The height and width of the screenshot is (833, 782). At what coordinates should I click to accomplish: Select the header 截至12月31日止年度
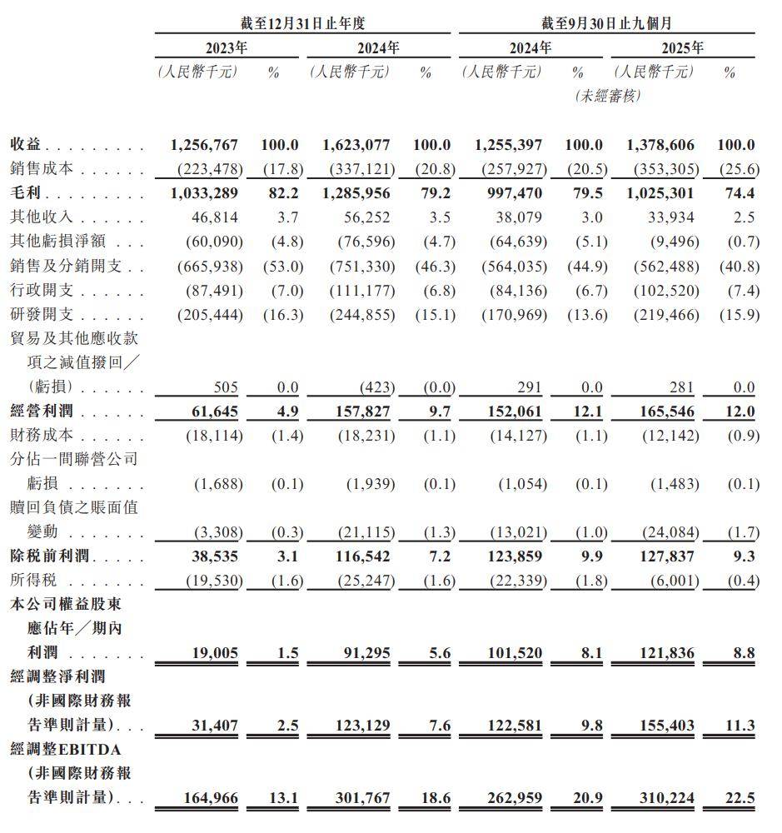(302, 23)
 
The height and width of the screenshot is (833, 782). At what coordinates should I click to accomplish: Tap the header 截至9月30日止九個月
(606, 23)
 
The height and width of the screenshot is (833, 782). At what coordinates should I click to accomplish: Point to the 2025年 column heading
(682, 47)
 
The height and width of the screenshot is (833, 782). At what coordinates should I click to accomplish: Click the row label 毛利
(25, 192)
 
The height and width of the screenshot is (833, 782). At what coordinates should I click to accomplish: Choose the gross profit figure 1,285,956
(356, 192)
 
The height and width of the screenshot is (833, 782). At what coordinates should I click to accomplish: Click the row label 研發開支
(42, 315)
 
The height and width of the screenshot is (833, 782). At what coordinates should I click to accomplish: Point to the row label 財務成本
(42, 435)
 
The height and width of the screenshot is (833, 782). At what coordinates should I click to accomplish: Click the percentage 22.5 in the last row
(740, 798)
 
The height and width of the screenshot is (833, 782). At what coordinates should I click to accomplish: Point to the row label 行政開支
(42, 291)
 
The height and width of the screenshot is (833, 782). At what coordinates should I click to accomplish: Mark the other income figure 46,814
(215, 217)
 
